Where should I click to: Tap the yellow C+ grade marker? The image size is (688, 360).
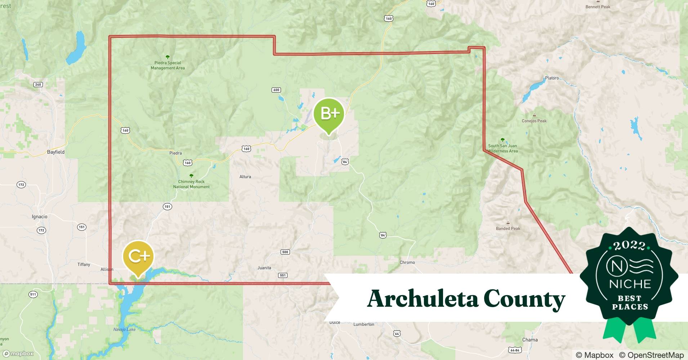[x=138, y=256]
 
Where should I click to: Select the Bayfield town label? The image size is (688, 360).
[x=56, y=152]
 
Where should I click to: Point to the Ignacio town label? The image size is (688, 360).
[x=40, y=217]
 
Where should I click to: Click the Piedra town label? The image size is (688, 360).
[x=175, y=153]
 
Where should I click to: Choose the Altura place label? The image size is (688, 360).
[x=245, y=177]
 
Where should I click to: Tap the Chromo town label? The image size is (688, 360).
[x=407, y=262]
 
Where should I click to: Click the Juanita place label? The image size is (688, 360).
[x=264, y=268]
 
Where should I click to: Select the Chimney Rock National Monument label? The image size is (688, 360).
[x=191, y=184]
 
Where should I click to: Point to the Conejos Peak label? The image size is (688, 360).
[x=534, y=121]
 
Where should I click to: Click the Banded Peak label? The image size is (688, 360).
[x=508, y=229]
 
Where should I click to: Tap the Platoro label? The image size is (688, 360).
[x=552, y=78]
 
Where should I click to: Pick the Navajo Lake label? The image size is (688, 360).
[x=124, y=329]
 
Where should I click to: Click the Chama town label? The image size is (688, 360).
[x=530, y=340]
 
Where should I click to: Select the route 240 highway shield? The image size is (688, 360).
[x=38, y=85]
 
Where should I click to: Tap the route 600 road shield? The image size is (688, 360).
[x=276, y=90]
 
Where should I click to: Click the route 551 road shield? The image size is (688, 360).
[x=283, y=275]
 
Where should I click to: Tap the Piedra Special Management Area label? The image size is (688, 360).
[x=167, y=65]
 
